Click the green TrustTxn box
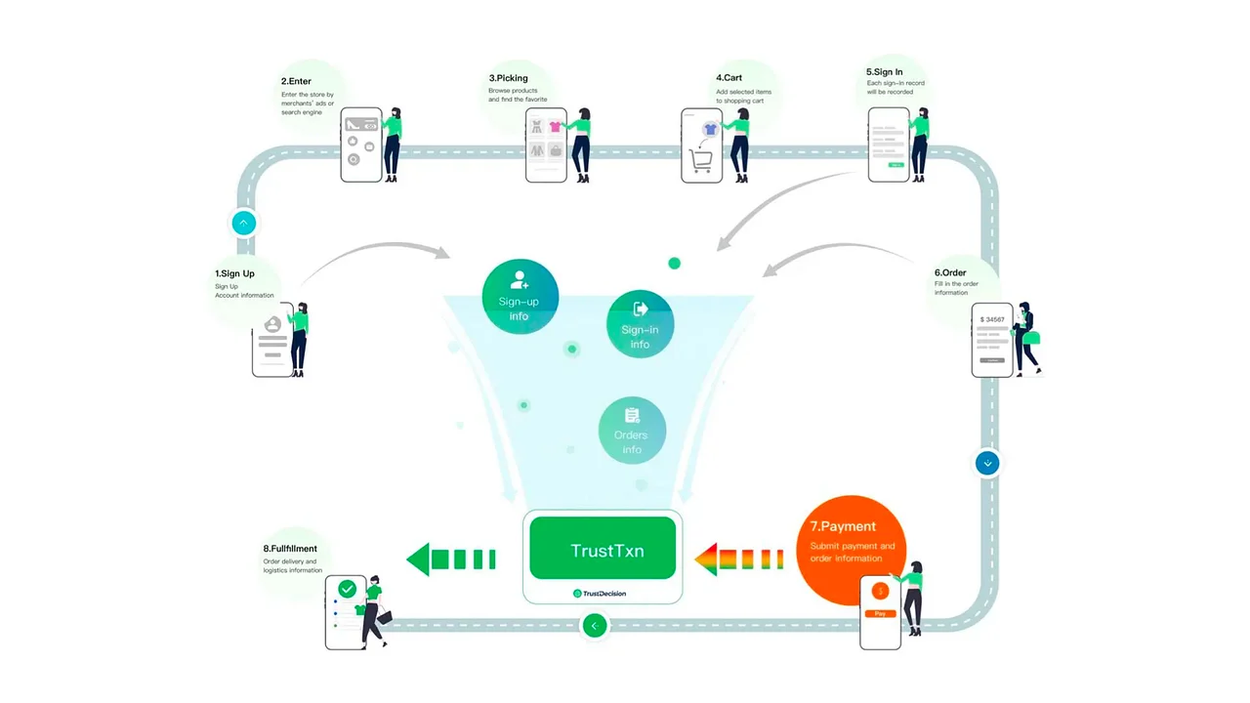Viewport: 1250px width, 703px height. pyautogui.click(x=603, y=549)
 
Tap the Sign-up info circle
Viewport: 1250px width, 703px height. pyautogui.click(x=520, y=297)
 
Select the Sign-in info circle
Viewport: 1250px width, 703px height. pyautogui.click(x=641, y=324)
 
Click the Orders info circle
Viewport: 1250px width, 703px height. pyautogui.click(x=632, y=431)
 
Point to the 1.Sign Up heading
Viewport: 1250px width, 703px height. pyautogui.click(x=234, y=274)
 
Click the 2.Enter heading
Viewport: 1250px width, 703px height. pyautogui.click(x=296, y=80)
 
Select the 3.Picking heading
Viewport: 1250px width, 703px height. pyautogui.click(x=508, y=77)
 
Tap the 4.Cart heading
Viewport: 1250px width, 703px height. pyautogui.click(x=729, y=77)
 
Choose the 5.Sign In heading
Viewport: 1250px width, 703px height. pyautogui.click(x=884, y=71)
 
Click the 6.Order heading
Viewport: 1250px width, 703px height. pyautogui.click(x=950, y=272)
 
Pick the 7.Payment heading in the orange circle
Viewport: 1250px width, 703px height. pyautogui.click(x=843, y=527)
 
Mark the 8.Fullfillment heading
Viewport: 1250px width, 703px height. pyautogui.click(x=290, y=549)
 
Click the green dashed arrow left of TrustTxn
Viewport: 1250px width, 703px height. pyautogui.click(x=450, y=559)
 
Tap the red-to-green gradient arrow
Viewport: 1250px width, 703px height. pyautogui.click(x=738, y=559)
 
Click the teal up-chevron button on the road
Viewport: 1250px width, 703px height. pyautogui.click(x=243, y=223)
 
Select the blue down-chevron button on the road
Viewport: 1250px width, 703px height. pyautogui.click(x=987, y=463)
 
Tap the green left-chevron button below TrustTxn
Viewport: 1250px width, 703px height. pyautogui.click(x=595, y=625)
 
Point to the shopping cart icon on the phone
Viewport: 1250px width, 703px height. pyautogui.click(x=700, y=159)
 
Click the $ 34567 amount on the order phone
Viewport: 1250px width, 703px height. pyautogui.click(x=992, y=319)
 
